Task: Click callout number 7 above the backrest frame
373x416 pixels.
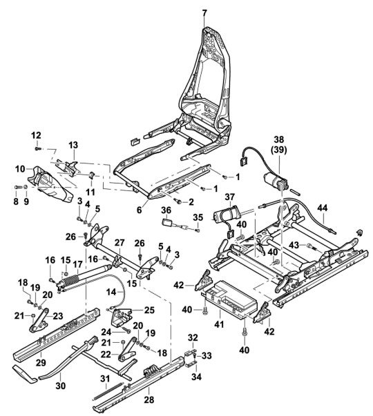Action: tap(204, 12)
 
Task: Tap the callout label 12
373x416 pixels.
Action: tap(37, 135)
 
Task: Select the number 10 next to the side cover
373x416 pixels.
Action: tap(20, 169)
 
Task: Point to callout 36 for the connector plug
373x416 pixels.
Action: tap(166, 210)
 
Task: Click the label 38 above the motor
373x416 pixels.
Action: tap(278, 139)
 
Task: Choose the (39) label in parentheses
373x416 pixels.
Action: tap(278, 150)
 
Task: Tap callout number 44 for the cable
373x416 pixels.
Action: tap(323, 208)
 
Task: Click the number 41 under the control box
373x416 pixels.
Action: tap(219, 324)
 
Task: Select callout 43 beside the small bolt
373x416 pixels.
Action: tap(294, 246)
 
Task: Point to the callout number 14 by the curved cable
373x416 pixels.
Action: tap(111, 292)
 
